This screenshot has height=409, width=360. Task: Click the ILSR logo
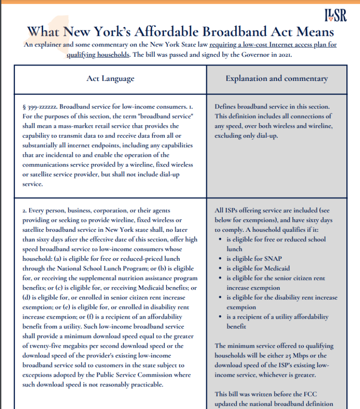tap(335, 15)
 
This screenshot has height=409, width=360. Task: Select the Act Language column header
tap(110, 78)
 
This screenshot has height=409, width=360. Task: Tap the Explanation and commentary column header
tap(276, 78)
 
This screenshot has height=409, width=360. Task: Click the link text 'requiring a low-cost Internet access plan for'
tap(273, 45)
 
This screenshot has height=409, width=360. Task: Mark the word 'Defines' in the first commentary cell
tap(227, 107)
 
